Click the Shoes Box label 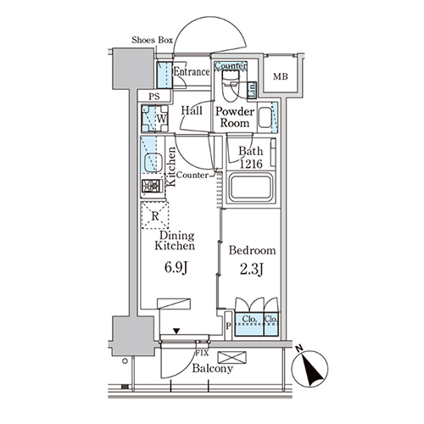click(x=152, y=40)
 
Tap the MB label click(x=281, y=76)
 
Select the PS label click(x=154, y=97)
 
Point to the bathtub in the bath click(x=251, y=187)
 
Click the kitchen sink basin click(x=153, y=162)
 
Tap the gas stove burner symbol click(x=151, y=186)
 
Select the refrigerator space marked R click(x=155, y=215)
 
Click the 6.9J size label click(x=176, y=267)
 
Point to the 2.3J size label click(x=252, y=269)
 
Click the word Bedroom click(x=252, y=250)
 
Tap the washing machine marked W click(x=155, y=119)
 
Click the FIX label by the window click(x=202, y=353)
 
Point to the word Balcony click(x=213, y=369)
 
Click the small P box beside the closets click(x=228, y=326)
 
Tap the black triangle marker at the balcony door click(x=176, y=331)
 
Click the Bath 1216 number click(x=251, y=164)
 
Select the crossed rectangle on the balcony click(x=232, y=357)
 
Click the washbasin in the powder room click(x=265, y=118)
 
